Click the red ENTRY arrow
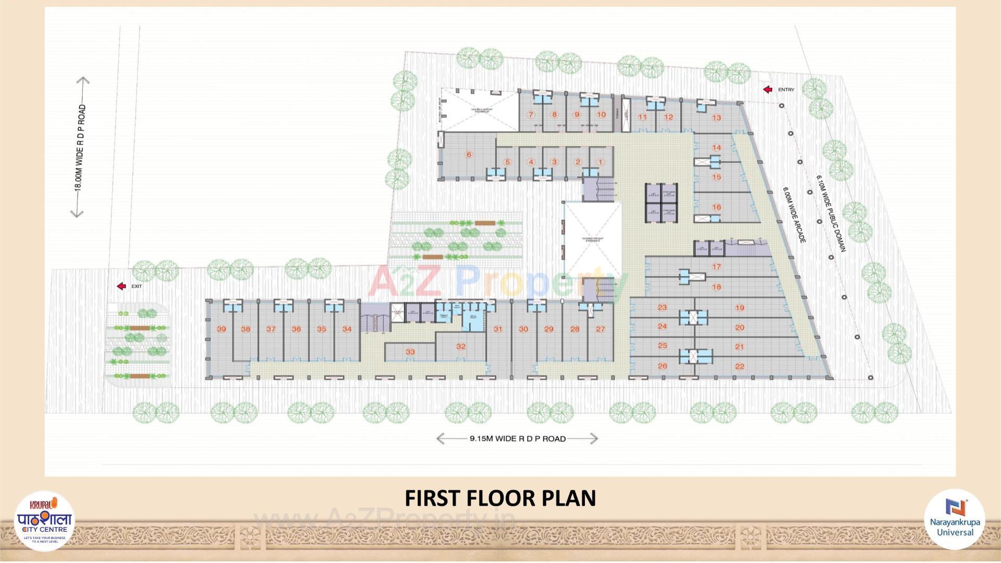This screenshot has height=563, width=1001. tap(767, 90)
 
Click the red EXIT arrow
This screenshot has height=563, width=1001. tap(121, 286)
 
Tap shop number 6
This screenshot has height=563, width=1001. tap(469, 154)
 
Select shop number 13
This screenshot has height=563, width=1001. tap(716, 118)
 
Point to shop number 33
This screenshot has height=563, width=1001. tap(410, 352)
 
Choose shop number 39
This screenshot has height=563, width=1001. tap(222, 329)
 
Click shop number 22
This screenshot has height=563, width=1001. tap(739, 366)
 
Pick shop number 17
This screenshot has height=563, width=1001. tap(716, 267)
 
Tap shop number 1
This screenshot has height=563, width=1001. tap(600, 162)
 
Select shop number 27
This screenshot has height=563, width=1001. tap(601, 329)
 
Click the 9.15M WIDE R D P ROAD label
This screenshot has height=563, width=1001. tap(517, 439)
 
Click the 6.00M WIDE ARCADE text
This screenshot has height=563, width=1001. tap(794, 214)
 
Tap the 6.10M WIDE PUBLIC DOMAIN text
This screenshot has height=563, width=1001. tap(830, 214)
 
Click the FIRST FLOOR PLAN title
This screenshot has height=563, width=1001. tap(500, 498)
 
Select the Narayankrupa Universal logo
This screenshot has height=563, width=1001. tap(955, 519)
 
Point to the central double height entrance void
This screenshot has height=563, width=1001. tap(594, 240)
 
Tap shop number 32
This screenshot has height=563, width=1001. tap(460, 346)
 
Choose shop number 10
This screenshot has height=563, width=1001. tap(601, 115)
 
